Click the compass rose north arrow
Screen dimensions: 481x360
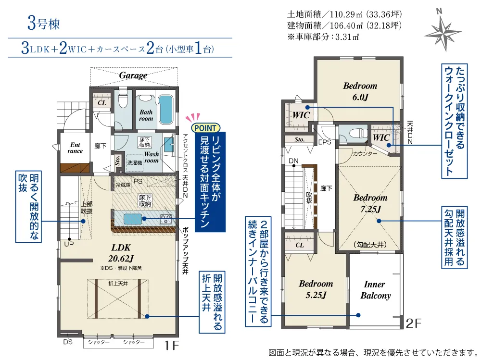443,31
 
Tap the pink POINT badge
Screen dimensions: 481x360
205,127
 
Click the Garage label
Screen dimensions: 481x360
133,75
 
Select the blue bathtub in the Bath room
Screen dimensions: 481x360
165,110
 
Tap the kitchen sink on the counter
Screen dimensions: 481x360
133,219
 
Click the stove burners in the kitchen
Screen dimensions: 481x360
165,220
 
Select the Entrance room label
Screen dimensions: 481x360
75,148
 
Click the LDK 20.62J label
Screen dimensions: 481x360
121,253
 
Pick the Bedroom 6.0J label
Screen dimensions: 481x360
360,91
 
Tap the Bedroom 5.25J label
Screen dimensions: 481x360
316,289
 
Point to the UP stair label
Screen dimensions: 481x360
69,244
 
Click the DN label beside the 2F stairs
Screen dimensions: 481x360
293,161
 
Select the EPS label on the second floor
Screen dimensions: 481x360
325,142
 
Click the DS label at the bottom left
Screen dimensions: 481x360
68,342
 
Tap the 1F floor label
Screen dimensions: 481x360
172,346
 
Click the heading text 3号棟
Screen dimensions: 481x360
44,24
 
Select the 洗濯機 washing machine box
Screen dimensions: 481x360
135,162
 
